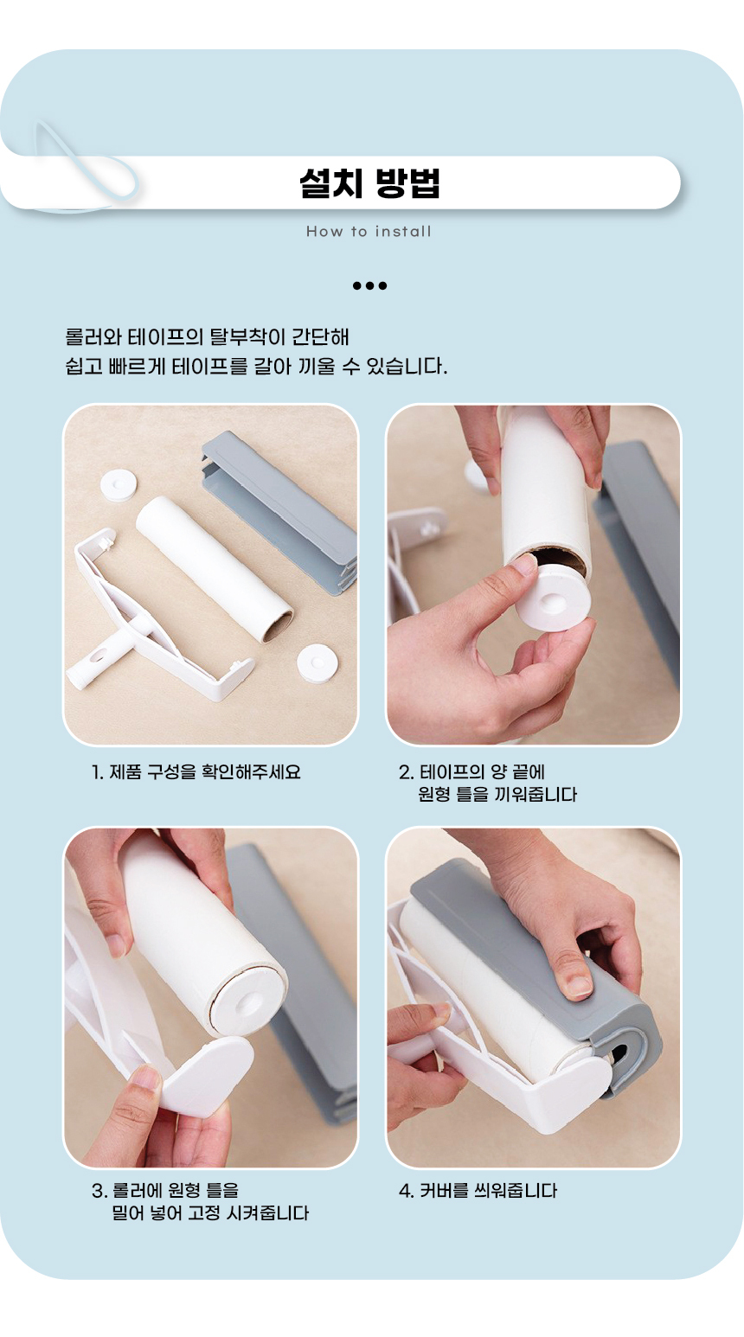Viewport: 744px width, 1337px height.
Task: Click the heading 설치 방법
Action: pos(369,182)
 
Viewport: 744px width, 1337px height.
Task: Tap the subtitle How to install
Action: pos(369,232)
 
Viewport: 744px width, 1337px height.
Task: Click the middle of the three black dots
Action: pos(369,285)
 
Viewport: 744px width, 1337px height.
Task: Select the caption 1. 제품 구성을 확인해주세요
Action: pos(196,772)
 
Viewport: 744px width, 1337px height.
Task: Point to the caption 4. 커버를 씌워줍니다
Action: pos(478,1191)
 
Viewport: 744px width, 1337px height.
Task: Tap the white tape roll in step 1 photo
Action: pos(215,569)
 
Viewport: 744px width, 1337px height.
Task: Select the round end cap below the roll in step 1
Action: pos(317,663)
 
